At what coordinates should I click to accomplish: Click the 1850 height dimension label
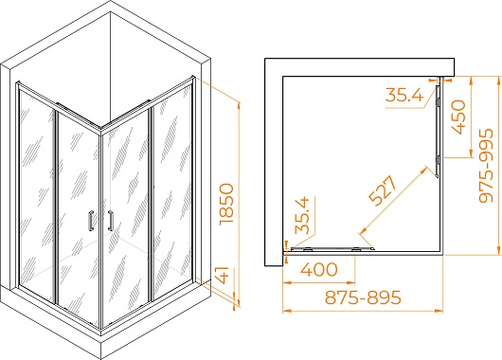point(227,204)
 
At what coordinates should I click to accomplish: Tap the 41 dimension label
point(227,275)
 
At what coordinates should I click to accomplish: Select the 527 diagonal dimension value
point(383,190)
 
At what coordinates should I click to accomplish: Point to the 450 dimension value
point(457,117)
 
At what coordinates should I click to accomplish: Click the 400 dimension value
point(319,269)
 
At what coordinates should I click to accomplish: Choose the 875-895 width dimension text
point(363,297)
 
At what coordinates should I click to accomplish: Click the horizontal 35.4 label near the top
point(404,95)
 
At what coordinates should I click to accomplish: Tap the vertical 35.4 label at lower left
point(302,216)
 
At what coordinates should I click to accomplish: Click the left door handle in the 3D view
point(91,221)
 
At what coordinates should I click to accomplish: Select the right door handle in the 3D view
point(111,221)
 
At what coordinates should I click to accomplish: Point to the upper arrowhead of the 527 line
point(424,169)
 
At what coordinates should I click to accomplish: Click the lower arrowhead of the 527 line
point(364,230)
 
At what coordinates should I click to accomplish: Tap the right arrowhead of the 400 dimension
point(351,283)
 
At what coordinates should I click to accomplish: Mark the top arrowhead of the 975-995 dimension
point(497,81)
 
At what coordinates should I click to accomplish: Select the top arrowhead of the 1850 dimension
point(239,106)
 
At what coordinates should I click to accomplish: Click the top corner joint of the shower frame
point(101,129)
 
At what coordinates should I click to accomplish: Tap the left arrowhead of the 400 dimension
point(287,283)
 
